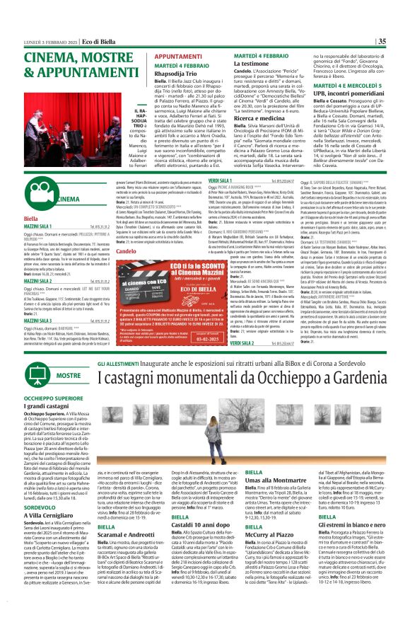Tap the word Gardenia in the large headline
click(x=349, y=378)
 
